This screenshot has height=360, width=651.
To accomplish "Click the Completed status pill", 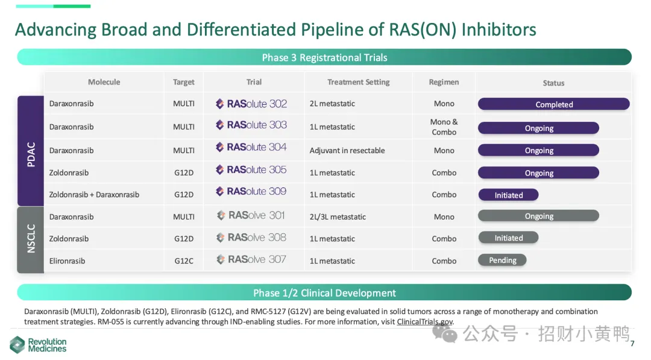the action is pos(553,104).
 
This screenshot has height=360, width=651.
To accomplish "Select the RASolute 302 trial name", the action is pos(251,104).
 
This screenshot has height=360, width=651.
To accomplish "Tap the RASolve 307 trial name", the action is pos(251,259).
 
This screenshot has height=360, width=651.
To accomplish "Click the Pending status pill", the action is pos(502,260).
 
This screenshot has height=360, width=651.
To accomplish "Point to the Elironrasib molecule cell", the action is pos(68,261).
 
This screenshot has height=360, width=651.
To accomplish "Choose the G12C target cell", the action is pos(183,261).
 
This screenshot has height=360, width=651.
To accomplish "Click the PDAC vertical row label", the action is pos(31,154).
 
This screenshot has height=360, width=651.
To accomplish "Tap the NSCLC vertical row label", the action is pos(31,239).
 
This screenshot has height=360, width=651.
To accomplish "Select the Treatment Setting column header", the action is pos(358,82).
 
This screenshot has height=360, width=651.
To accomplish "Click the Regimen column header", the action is pos(444,82).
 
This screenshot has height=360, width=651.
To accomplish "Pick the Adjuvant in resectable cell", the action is pos(347,150).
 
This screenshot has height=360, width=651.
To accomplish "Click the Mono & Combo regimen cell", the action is pos(444,127).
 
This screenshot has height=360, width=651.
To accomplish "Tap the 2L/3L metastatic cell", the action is pos(338,216).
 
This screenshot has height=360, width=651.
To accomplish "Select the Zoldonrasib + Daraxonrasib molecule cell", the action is pos(94,194).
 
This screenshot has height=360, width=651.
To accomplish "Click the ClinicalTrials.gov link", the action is pos(425,322).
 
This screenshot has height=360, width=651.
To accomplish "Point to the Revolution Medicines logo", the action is pos(38,345).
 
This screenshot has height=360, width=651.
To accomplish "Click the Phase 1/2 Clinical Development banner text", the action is pos(324,292).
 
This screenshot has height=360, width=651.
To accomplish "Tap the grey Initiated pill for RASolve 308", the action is pos(508,238).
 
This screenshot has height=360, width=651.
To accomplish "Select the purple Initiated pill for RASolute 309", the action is pos(508,195).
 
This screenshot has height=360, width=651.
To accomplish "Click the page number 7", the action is pos(632,343).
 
